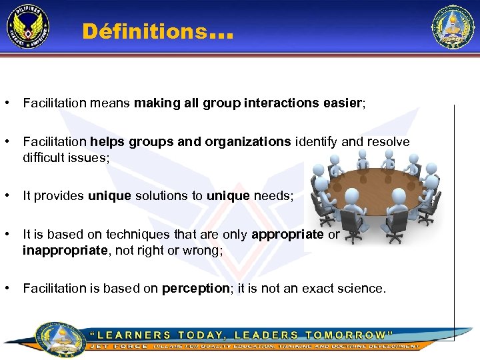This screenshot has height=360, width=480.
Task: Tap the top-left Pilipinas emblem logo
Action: [x=28, y=27]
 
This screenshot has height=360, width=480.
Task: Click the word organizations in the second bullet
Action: [x=248, y=142]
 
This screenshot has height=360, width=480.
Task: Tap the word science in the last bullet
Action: [x=360, y=289]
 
